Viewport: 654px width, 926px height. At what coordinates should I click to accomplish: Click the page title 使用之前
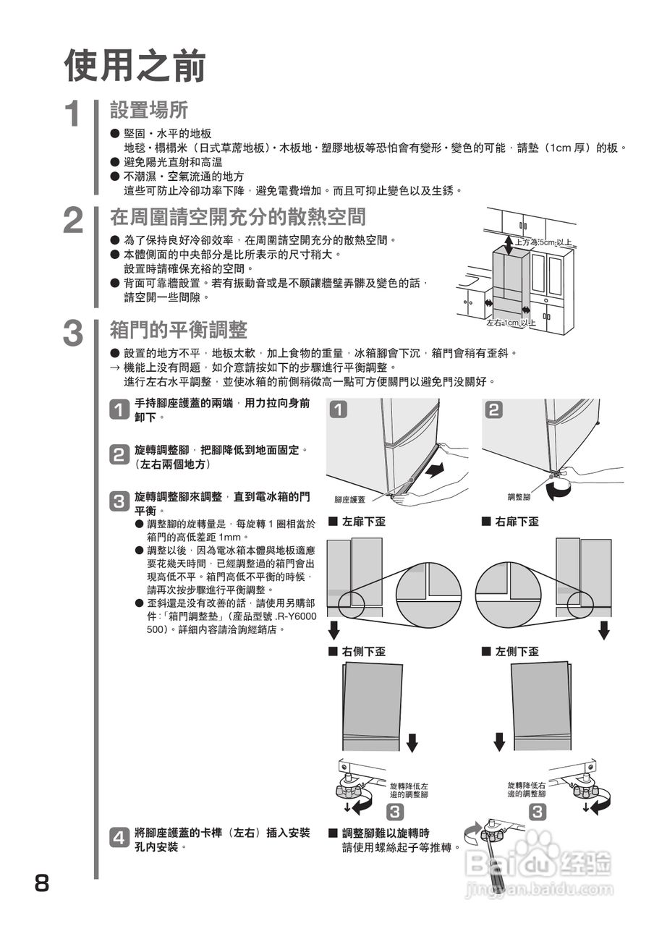tap(135, 66)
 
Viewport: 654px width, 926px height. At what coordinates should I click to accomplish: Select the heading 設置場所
tap(149, 110)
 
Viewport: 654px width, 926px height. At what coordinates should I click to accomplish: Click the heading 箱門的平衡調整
tap(178, 330)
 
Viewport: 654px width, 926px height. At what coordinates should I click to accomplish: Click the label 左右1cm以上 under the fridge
tap(511, 323)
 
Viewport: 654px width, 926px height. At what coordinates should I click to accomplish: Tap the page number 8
tap(42, 883)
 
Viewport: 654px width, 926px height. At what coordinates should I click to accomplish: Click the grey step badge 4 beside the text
tap(119, 838)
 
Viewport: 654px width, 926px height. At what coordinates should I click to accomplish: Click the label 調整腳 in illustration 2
tap(519, 497)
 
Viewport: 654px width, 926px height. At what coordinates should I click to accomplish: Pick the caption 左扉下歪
tap(362, 522)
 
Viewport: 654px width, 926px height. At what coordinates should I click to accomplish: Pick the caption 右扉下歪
tap(516, 522)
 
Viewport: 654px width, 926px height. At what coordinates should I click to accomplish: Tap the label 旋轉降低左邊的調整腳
tap(409, 789)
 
